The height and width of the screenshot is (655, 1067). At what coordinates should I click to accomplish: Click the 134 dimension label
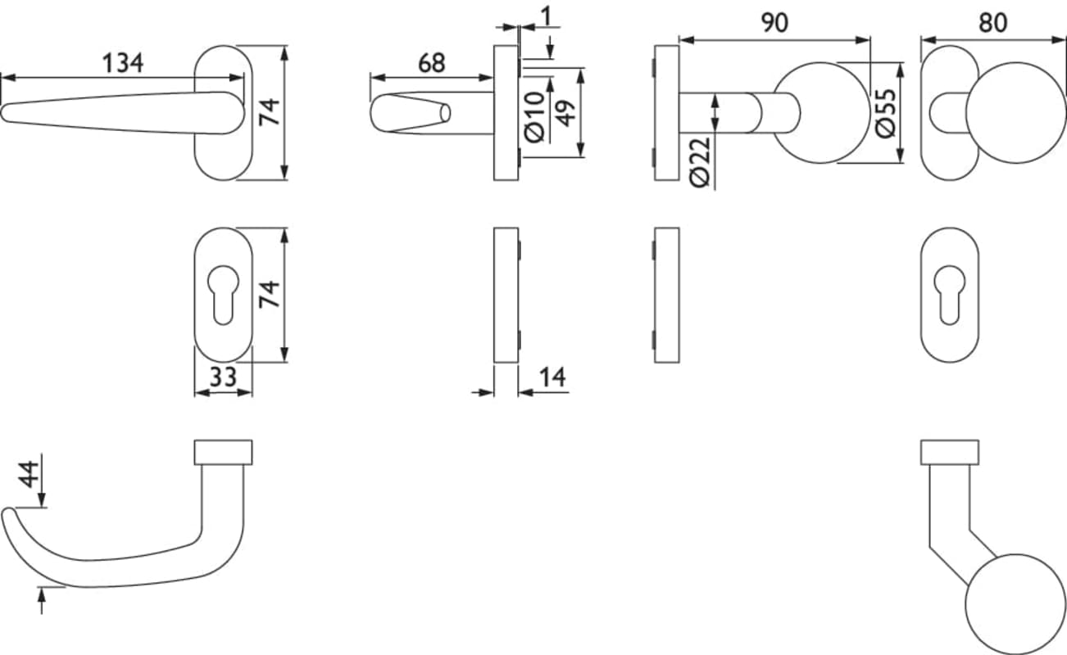click(x=123, y=63)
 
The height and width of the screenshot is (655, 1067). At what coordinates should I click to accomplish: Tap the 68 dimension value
click(x=432, y=63)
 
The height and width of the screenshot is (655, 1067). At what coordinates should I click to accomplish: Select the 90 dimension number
click(x=774, y=23)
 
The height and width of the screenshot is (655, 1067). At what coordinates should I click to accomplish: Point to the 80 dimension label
click(x=992, y=23)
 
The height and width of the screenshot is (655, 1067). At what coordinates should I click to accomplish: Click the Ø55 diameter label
click(x=886, y=113)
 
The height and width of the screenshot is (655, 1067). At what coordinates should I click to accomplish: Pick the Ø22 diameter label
click(x=700, y=162)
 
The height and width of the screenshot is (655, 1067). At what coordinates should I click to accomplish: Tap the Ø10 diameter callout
click(x=534, y=116)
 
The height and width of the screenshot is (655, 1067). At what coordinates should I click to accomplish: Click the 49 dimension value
click(x=565, y=113)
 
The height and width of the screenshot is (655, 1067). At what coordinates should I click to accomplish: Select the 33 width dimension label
click(x=223, y=377)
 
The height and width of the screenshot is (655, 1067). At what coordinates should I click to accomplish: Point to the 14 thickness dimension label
click(x=552, y=377)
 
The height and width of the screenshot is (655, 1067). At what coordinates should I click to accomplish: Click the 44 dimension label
click(x=29, y=474)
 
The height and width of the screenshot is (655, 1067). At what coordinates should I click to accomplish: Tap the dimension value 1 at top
click(x=547, y=16)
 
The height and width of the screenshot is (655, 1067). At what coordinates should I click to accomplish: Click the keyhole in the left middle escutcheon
click(x=224, y=295)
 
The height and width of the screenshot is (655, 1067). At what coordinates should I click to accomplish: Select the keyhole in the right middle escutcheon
click(x=949, y=295)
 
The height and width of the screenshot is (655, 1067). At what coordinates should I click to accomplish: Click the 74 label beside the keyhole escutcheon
click(x=269, y=294)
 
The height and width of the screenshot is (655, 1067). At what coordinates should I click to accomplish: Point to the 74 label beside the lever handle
click(x=269, y=112)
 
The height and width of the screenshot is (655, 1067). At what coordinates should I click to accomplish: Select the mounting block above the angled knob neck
click(x=949, y=452)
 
